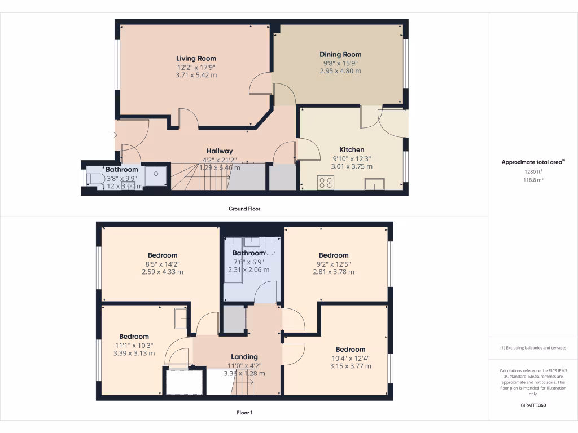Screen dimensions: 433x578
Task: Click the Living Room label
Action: coord(196,59)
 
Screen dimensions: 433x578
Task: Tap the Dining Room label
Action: coord(340,55)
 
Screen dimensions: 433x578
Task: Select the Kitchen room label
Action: coord(352,150)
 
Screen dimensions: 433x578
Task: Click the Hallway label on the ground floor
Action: coord(220,151)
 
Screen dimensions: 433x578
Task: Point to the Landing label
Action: coord(244,357)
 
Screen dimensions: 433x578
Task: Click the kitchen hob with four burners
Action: coord(326,183)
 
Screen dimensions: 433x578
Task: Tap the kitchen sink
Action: coord(375,184)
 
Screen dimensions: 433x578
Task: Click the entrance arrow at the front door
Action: coord(114,135)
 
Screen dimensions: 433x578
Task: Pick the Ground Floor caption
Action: coord(244,209)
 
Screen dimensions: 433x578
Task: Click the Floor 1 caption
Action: coord(244,413)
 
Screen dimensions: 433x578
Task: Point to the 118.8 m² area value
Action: coord(533,180)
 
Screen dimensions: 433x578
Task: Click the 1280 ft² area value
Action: coord(533,172)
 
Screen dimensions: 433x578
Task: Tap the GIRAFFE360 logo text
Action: coord(533,405)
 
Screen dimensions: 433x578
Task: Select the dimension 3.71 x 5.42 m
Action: coord(196,75)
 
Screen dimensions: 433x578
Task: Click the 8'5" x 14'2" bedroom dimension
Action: coord(163,263)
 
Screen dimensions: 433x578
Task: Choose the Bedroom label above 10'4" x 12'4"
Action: coord(351,350)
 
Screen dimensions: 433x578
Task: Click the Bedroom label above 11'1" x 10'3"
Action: coord(134,337)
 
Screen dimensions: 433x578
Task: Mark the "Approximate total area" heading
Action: coord(533,162)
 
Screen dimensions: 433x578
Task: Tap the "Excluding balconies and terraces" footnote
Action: coord(533,348)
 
